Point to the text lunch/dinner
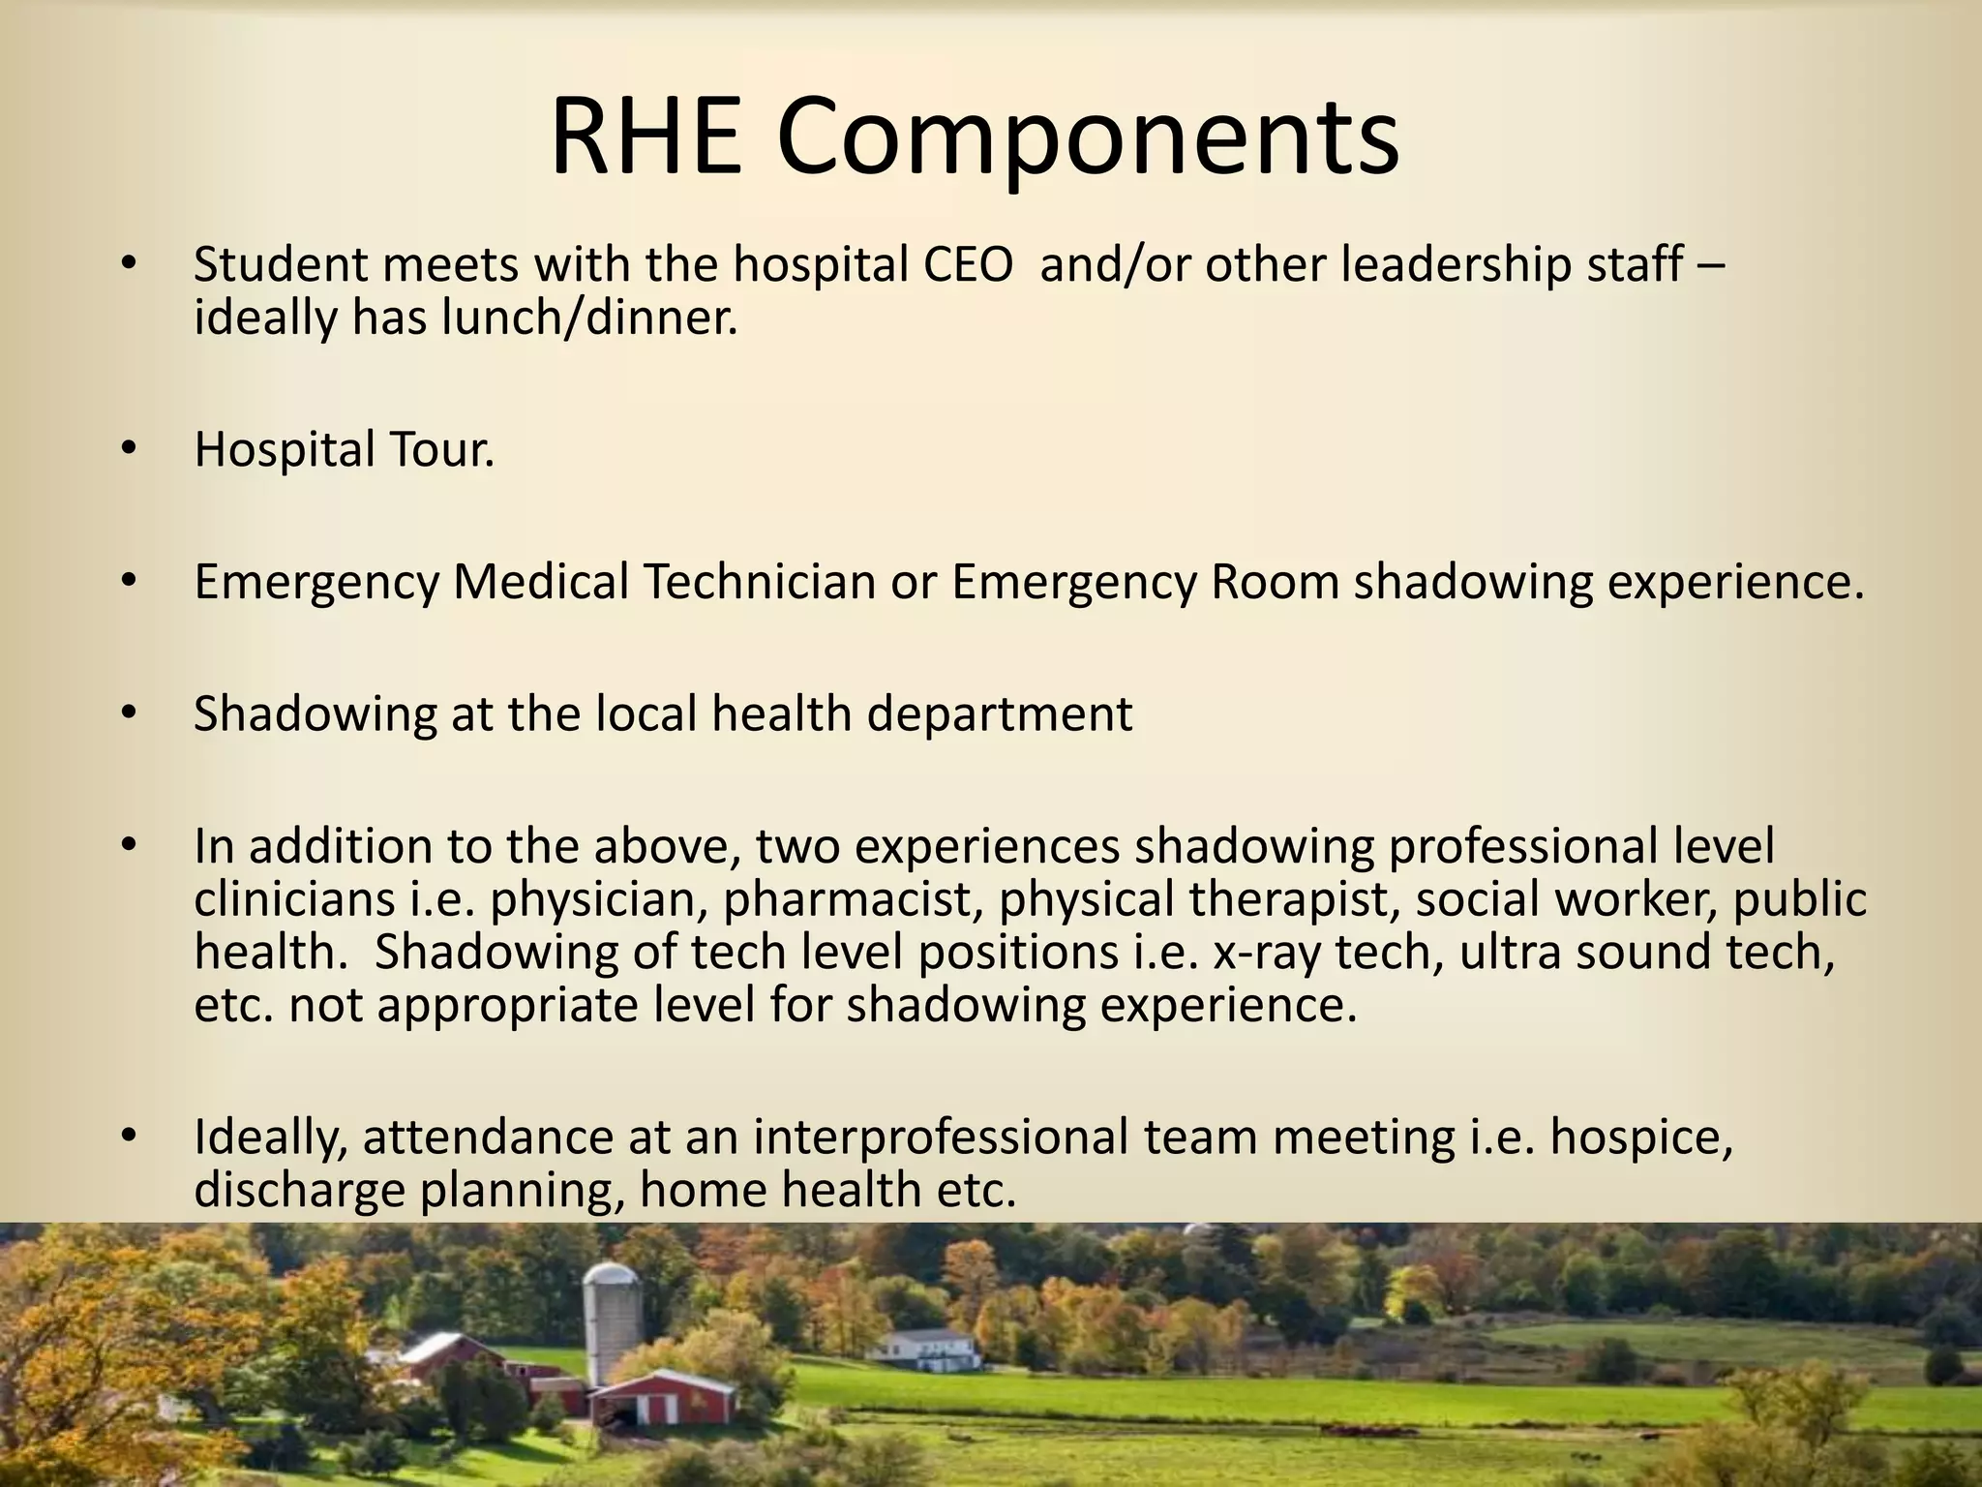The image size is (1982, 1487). tap(589, 318)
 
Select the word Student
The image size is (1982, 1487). tap(281, 265)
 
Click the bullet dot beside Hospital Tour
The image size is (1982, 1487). tap(130, 449)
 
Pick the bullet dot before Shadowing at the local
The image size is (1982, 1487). tap(130, 714)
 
